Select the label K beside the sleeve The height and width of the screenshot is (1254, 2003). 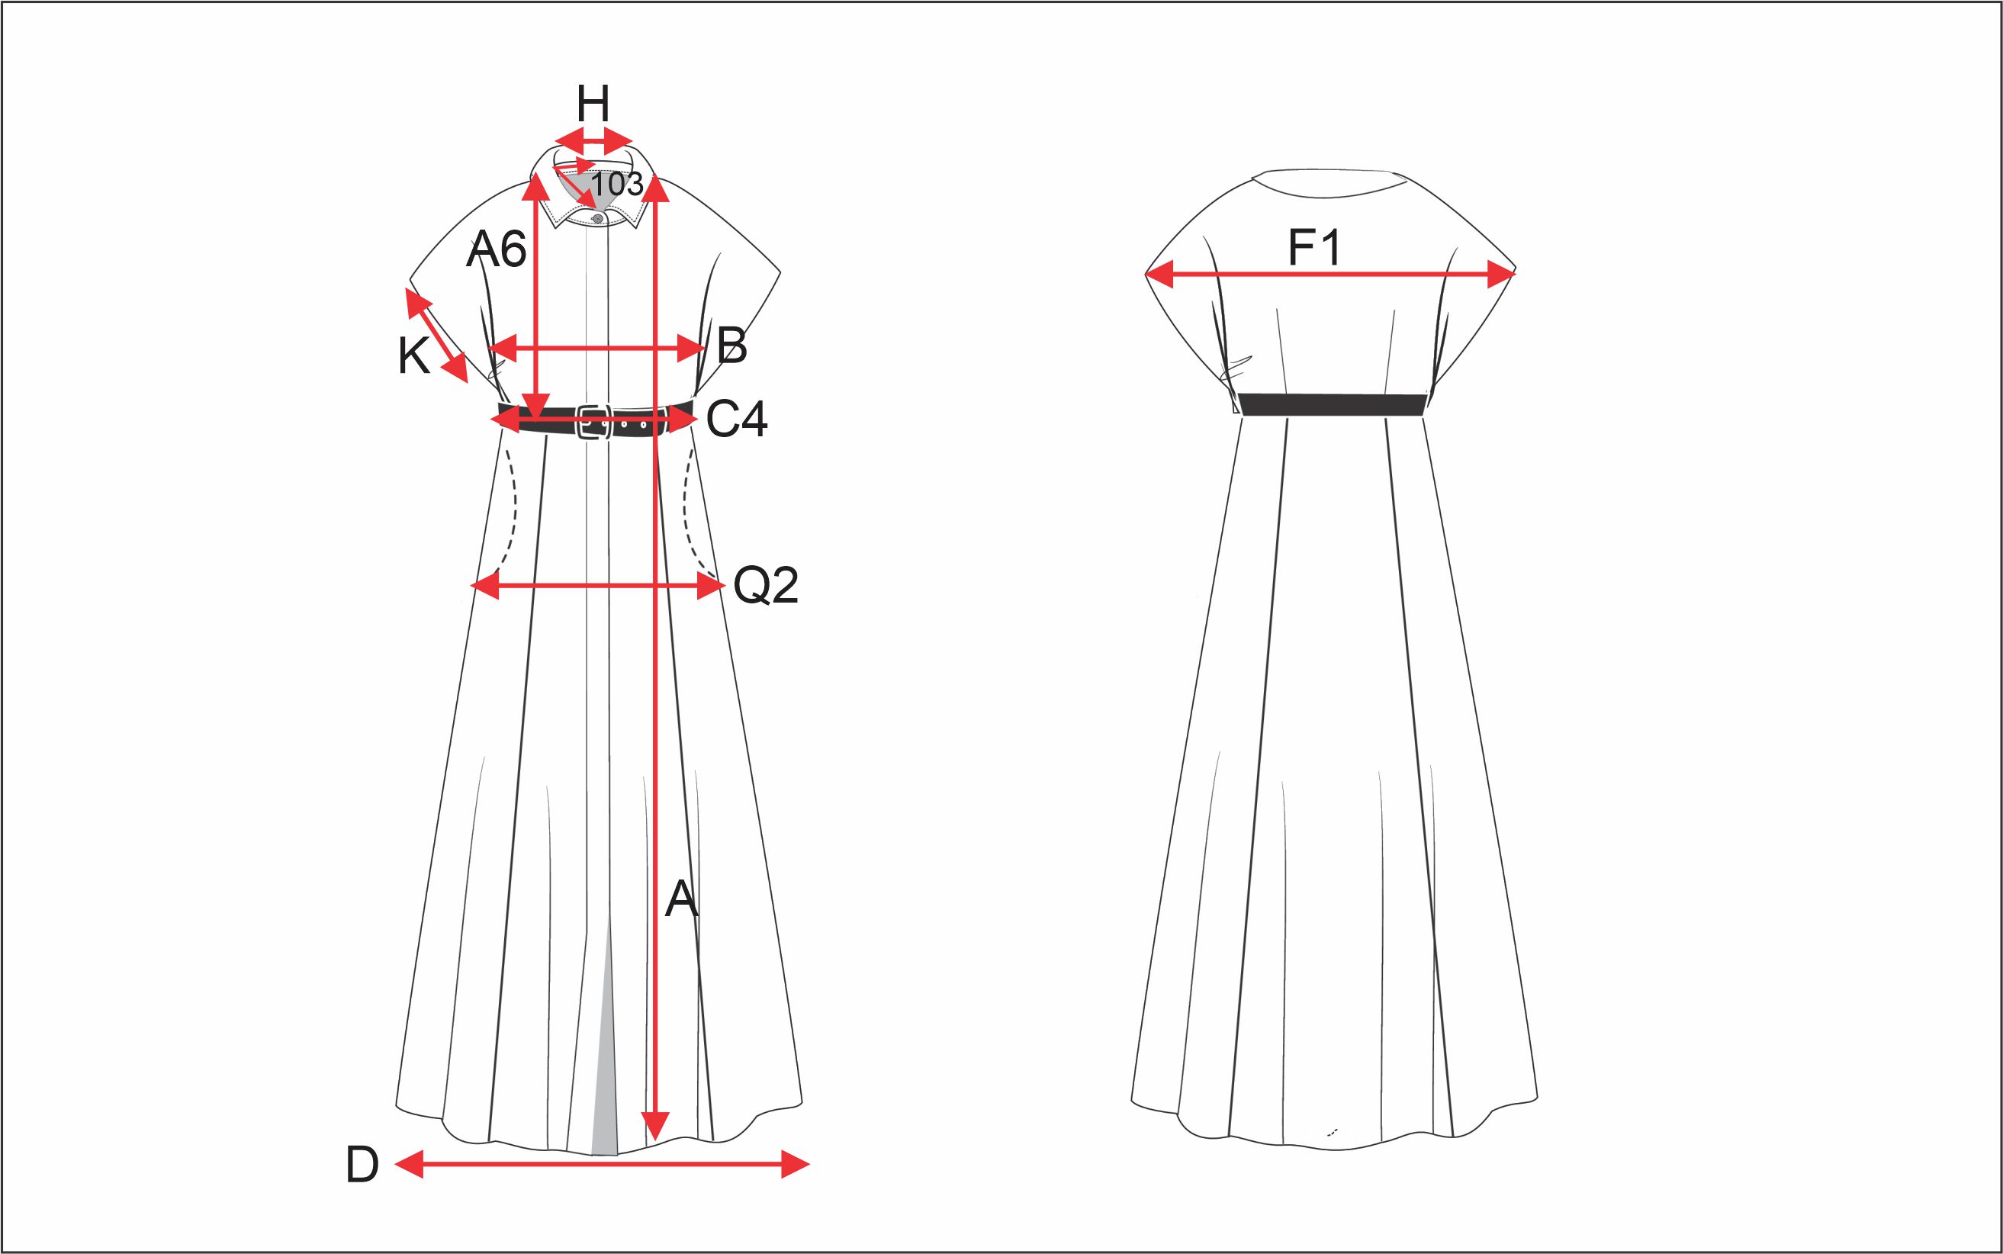pyautogui.click(x=413, y=357)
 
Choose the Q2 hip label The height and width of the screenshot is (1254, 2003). pyautogui.click(x=766, y=586)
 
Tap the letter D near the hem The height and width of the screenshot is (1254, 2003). pyautogui.click(x=362, y=1165)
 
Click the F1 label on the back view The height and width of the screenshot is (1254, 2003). pyautogui.click(x=1314, y=247)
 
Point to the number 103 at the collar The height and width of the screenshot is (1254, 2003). pyautogui.click(x=616, y=184)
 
